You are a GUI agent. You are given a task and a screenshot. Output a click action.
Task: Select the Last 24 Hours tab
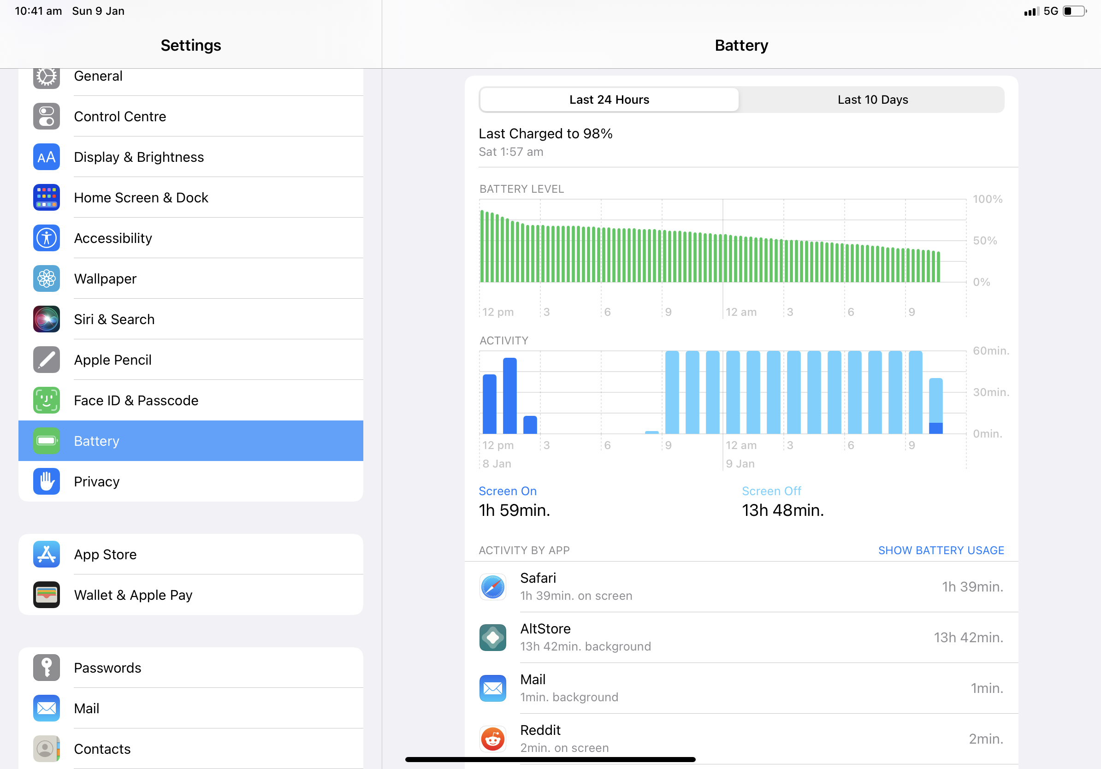pyautogui.click(x=609, y=100)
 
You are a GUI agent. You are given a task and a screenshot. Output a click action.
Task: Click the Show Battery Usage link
pyautogui.click(x=941, y=550)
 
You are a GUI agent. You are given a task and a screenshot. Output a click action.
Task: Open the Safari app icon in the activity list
pyautogui.click(x=492, y=587)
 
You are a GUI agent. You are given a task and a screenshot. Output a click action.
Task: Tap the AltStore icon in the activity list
pyautogui.click(x=492, y=637)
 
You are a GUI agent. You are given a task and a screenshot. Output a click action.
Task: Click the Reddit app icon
pyautogui.click(x=492, y=738)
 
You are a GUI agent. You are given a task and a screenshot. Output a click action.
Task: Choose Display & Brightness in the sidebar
pyautogui.click(x=139, y=157)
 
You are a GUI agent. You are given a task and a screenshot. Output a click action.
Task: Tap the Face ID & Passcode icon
pyautogui.click(x=47, y=400)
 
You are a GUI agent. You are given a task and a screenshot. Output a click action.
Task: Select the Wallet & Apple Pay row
pyautogui.click(x=133, y=595)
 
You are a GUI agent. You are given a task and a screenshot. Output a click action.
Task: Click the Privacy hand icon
pyautogui.click(x=47, y=481)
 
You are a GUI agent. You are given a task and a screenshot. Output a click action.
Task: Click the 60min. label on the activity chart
pyautogui.click(x=990, y=350)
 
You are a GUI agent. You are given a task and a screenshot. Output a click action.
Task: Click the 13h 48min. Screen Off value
pyautogui.click(x=782, y=510)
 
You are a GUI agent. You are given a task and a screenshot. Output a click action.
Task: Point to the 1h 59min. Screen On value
pyautogui.click(x=514, y=510)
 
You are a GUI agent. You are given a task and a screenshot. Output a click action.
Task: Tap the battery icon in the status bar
pyautogui.click(x=1074, y=11)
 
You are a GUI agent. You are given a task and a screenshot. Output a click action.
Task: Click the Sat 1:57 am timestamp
pyautogui.click(x=511, y=152)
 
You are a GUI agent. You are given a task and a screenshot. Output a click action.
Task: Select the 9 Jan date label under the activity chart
pyautogui.click(x=740, y=464)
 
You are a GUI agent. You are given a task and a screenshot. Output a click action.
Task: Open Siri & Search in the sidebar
pyautogui.click(x=114, y=319)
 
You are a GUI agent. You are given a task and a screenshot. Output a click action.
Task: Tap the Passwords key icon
pyautogui.click(x=47, y=668)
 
